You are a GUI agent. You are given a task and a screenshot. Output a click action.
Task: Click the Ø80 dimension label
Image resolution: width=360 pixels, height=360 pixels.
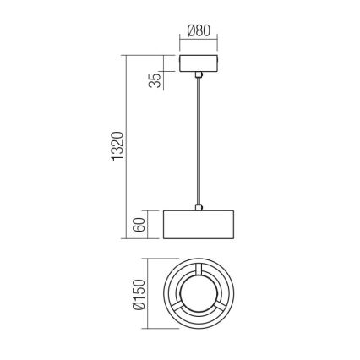click(199, 31)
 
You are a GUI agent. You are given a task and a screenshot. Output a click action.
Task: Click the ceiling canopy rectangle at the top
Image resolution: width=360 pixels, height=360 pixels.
click(199, 65)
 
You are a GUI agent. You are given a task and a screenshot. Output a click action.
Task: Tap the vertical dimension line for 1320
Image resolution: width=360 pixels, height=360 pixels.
click(128, 147)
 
